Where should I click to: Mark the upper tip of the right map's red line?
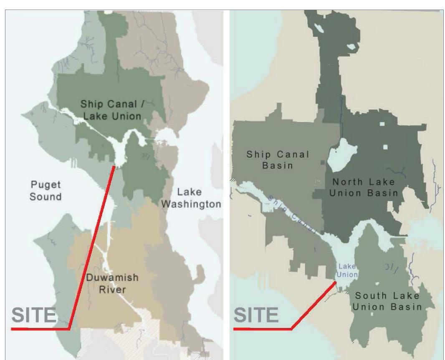(335, 282)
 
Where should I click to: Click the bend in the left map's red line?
(69, 329)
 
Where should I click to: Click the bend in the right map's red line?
(291, 329)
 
